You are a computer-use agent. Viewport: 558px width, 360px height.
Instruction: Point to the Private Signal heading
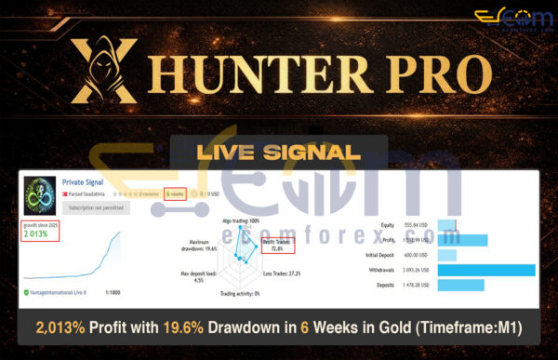tap(83, 183)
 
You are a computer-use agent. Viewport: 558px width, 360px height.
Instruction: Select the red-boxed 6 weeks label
tap(173, 194)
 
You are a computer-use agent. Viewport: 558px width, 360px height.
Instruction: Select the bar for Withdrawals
tap(485, 271)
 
